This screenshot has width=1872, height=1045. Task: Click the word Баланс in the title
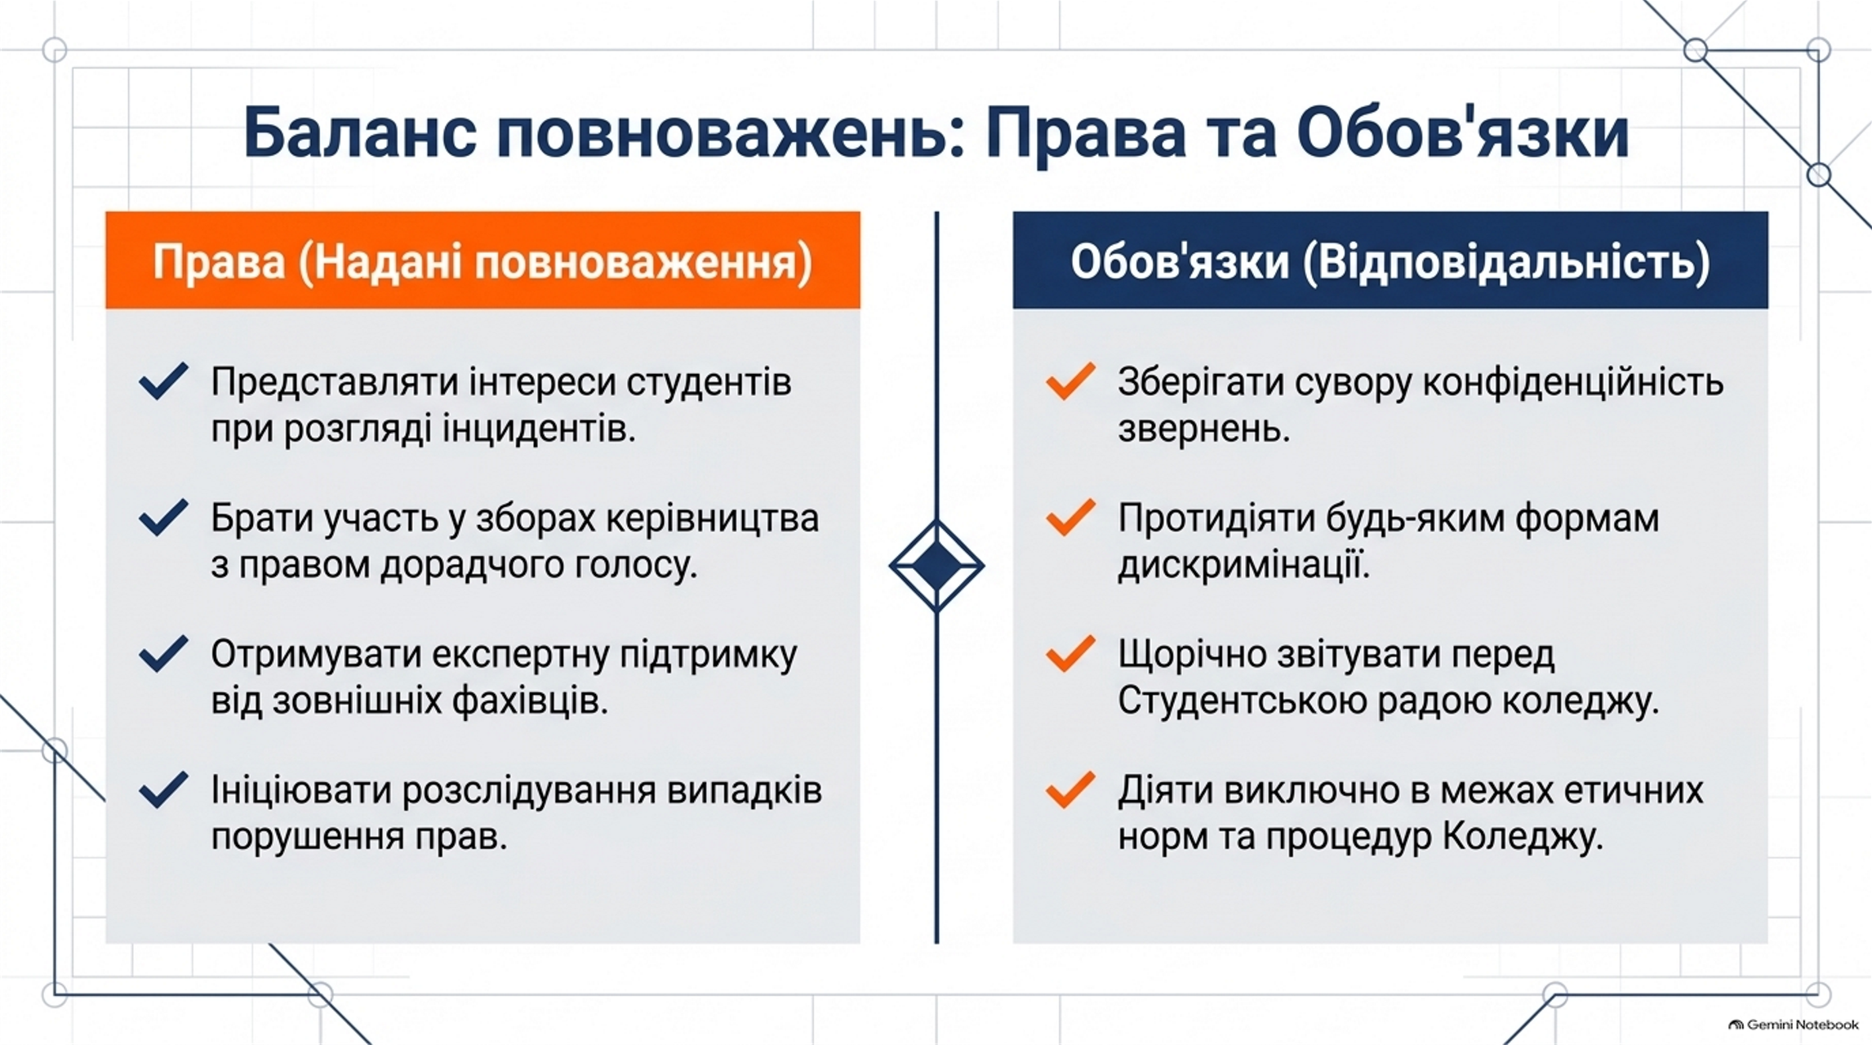click(359, 132)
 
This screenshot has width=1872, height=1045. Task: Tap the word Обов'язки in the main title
click(1462, 132)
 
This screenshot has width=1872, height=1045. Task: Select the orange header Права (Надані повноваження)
click(482, 260)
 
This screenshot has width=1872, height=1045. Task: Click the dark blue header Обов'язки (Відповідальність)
click(1390, 260)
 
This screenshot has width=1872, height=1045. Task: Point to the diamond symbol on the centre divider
click(936, 566)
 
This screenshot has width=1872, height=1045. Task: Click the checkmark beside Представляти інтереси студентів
click(163, 381)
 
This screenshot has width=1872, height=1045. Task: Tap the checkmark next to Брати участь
click(163, 518)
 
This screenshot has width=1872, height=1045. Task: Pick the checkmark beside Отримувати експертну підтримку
click(163, 654)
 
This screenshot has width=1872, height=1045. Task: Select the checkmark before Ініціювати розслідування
click(163, 790)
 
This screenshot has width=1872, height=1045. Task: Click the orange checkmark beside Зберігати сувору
click(1070, 381)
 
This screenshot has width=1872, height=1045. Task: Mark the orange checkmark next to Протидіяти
click(1070, 518)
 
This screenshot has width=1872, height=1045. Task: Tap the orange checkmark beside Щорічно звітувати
click(1070, 654)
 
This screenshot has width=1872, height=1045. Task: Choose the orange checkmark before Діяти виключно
click(1070, 790)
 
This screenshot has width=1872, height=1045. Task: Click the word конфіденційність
click(1573, 383)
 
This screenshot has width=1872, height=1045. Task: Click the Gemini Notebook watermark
click(1793, 1025)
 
